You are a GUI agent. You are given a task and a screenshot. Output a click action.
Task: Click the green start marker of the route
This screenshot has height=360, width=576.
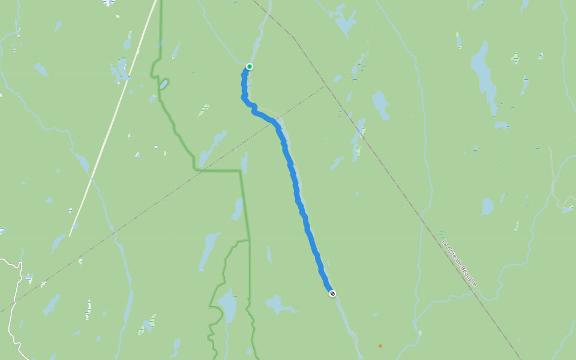point(250,67)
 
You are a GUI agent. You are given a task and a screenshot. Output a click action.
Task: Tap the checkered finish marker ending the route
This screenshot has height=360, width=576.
point(332,293)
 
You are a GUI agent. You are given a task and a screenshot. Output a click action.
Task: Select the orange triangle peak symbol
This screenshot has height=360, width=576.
point(380,345)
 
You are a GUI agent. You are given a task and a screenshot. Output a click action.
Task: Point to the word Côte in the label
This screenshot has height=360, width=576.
point(451,253)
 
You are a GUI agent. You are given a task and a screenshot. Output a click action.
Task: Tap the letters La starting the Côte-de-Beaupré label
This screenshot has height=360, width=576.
point(444,243)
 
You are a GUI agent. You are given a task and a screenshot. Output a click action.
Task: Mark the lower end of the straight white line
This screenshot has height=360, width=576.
point(70,235)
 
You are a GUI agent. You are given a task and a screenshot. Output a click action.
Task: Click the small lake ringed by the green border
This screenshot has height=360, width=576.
point(163,84)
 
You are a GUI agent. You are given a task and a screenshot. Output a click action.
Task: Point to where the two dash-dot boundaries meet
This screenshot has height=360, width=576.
point(325,86)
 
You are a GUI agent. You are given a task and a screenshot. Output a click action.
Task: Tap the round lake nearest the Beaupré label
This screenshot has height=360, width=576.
point(487,206)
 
